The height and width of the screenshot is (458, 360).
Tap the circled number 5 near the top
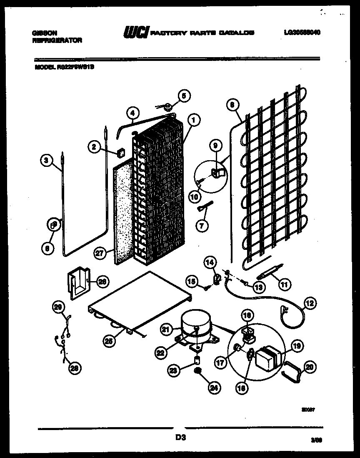[x=182, y=96]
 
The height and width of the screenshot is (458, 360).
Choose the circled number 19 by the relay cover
[x=297, y=346]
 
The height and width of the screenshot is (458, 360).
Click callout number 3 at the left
[x=47, y=159]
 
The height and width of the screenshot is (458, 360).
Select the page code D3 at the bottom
[x=180, y=438]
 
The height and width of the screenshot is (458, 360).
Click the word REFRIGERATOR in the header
[x=57, y=40]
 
